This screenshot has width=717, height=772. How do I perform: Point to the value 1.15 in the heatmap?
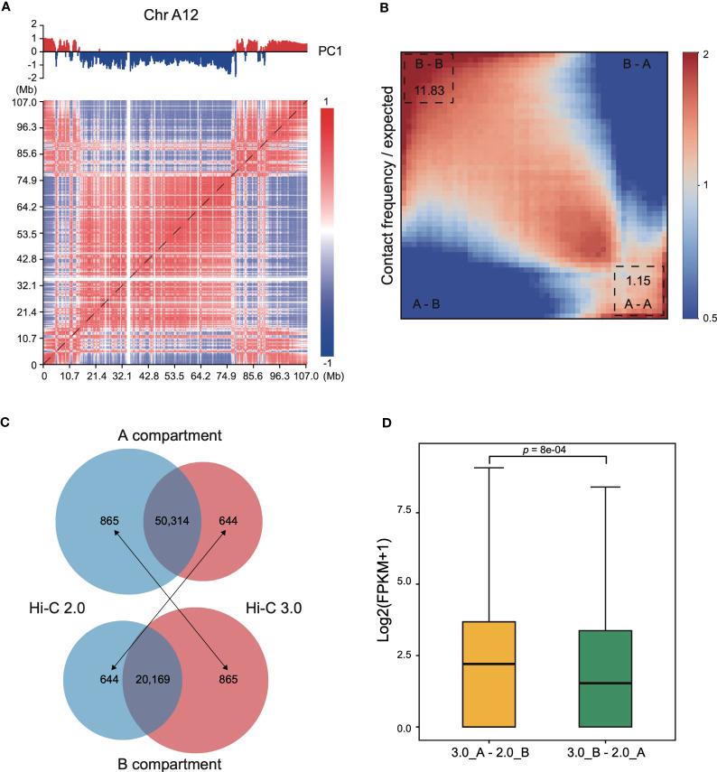pos(638,281)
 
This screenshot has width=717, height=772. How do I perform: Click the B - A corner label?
pos(638,65)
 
